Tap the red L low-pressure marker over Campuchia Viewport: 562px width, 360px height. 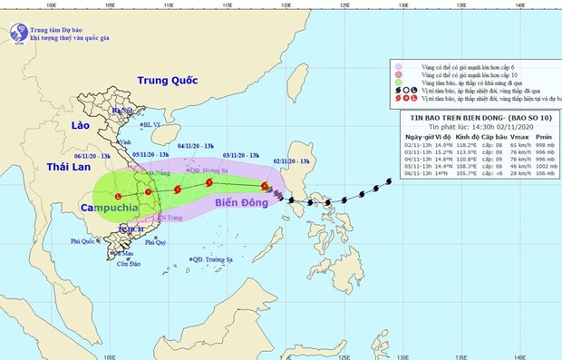(x=117, y=197)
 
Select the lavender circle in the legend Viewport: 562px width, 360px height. (x=398, y=66)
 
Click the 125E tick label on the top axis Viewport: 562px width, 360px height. (x=344, y=6)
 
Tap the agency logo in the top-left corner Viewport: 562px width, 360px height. (x=16, y=33)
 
